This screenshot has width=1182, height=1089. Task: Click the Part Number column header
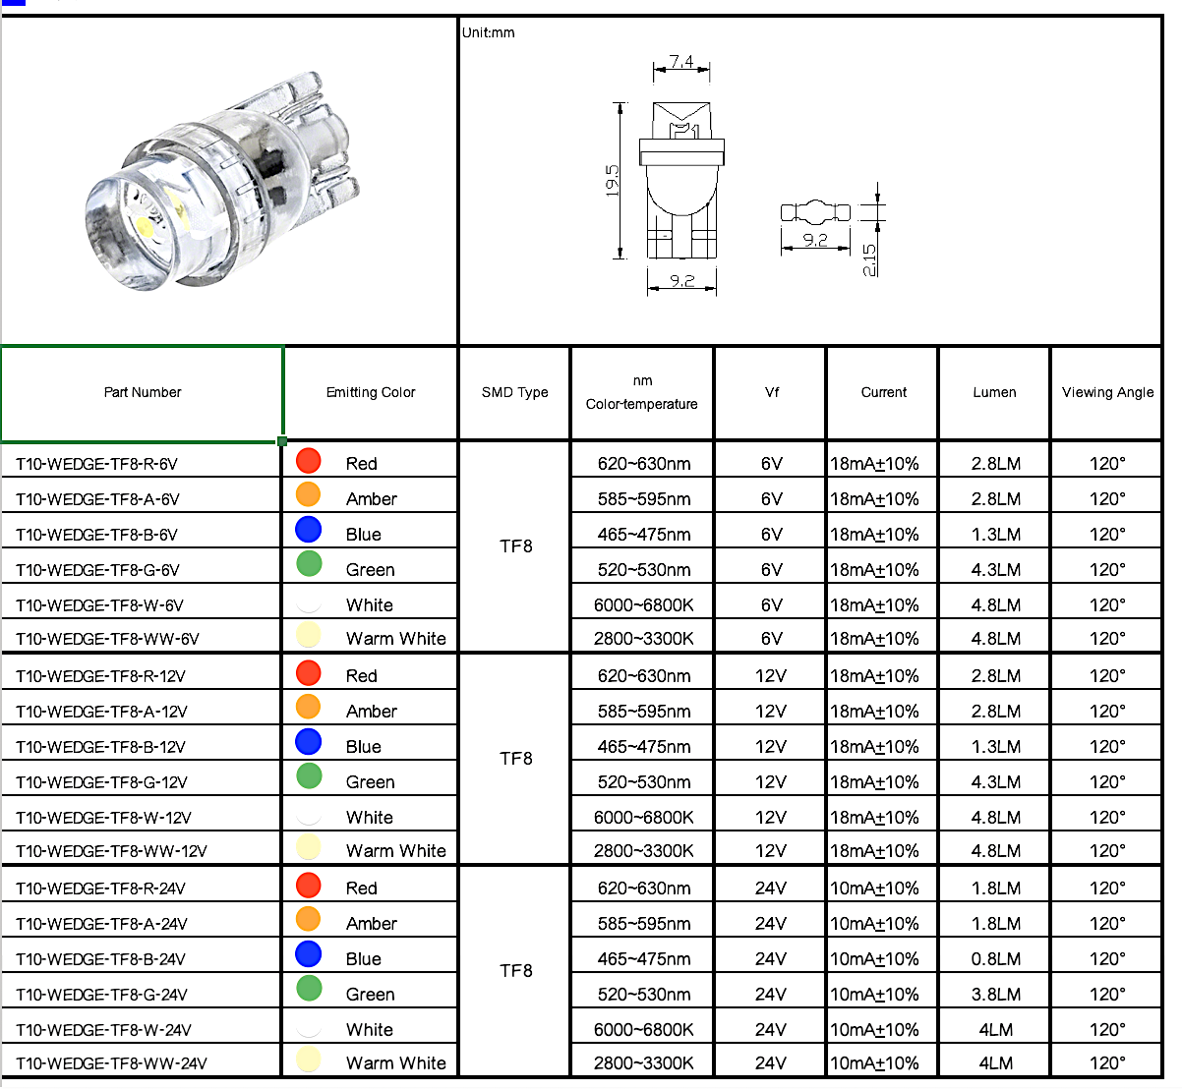[x=143, y=392]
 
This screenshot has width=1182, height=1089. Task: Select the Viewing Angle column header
[x=1107, y=392]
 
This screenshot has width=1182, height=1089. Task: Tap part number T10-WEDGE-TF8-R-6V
[x=96, y=464]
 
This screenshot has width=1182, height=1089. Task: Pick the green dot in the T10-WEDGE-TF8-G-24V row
[x=309, y=988]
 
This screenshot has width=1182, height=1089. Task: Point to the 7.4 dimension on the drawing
[x=681, y=62]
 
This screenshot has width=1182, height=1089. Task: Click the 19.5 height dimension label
[x=613, y=180]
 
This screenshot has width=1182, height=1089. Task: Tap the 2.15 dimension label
[x=869, y=259]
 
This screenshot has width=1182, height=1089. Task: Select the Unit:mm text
[x=489, y=32]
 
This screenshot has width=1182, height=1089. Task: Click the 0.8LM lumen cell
[x=995, y=959]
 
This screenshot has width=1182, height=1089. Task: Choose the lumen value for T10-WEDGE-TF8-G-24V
[x=995, y=995]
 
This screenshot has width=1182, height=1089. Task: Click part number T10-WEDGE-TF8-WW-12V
[x=111, y=851]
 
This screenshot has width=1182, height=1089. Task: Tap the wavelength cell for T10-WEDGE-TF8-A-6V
[x=644, y=499]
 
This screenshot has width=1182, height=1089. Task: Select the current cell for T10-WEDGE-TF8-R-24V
[x=874, y=888]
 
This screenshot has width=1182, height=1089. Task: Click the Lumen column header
[x=994, y=392]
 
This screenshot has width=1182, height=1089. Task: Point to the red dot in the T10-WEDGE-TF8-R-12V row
[x=309, y=672]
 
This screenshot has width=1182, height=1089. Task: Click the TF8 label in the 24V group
[x=515, y=971]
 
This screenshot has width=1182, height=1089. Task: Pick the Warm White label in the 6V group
[x=395, y=639]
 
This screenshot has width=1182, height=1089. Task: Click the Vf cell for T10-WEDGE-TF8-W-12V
[x=771, y=818]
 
